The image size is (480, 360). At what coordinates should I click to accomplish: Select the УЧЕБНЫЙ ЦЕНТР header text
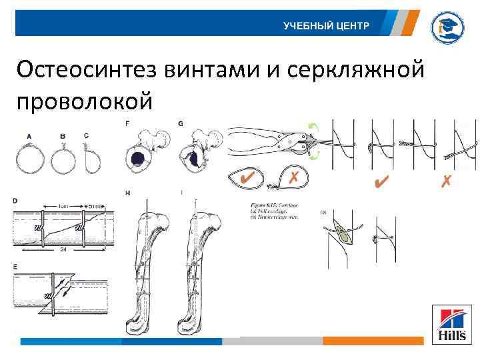click(x=325, y=25)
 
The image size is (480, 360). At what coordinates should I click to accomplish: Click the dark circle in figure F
click(x=138, y=159)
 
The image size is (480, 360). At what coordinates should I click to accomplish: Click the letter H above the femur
click(x=127, y=193)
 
